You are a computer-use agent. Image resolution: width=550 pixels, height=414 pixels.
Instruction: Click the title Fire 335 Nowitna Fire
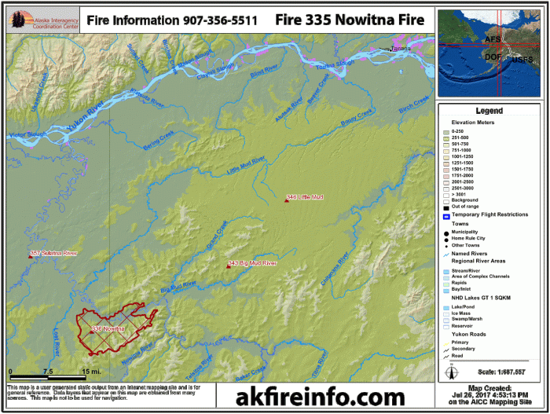[350, 20]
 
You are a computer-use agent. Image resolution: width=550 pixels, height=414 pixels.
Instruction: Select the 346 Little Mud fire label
[306, 196]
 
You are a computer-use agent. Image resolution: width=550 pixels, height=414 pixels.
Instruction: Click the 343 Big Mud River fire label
[252, 263]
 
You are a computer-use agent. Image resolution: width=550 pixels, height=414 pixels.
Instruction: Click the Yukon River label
[86, 126]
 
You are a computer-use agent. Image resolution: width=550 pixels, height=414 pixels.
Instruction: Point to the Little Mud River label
[246, 166]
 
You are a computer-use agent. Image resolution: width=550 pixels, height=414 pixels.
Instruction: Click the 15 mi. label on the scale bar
[92, 372]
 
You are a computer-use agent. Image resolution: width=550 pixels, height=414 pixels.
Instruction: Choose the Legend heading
[489, 112]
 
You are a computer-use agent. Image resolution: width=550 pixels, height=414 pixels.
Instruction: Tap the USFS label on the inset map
[522, 59]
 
